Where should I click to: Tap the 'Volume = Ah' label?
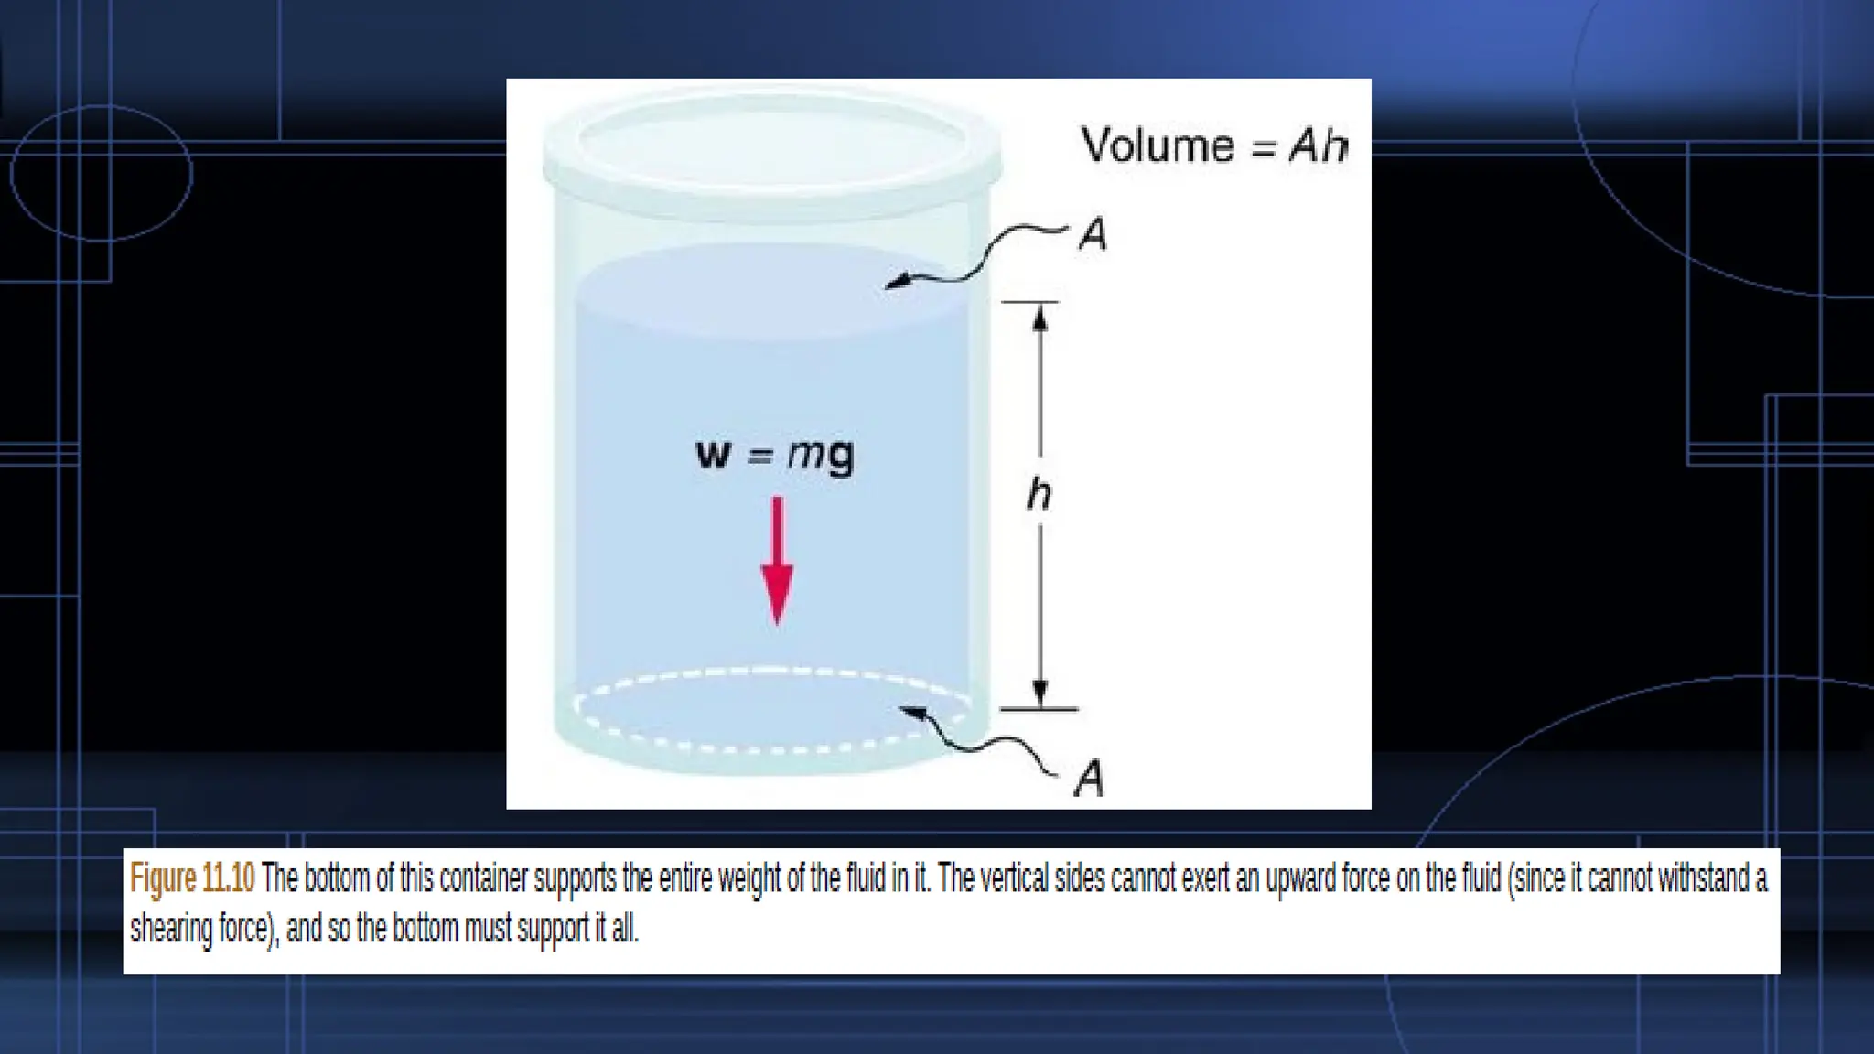coord(1213,145)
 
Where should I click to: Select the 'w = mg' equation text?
coord(775,455)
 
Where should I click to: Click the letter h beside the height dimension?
coord(1039,495)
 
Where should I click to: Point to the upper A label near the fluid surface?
coord(1093,234)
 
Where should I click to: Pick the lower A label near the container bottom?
coord(1089,779)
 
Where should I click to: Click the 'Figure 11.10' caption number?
coord(192,878)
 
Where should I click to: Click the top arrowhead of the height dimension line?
coord(1039,317)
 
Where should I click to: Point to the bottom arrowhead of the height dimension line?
coord(1039,693)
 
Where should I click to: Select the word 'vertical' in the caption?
coord(1015,878)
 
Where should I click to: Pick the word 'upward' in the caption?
coord(1300,878)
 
